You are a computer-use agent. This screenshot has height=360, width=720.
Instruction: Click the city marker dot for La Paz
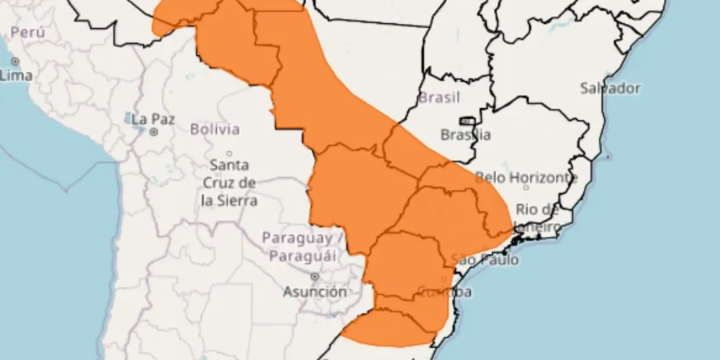pyautogui.click(x=153, y=132)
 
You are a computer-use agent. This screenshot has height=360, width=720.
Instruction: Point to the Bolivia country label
pyautogui.click(x=215, y=130)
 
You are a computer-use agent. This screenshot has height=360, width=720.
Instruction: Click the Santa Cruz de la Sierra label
pyautogui.click(x=230, y=184)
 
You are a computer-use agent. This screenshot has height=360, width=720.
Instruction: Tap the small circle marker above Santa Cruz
pyautogui.click(x=230, y=153)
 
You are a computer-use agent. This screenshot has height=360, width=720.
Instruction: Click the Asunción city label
pyautogui.click(x=315, y=292)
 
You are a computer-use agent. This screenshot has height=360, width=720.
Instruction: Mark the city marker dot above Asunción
pyautogui.click(x=315, y=276)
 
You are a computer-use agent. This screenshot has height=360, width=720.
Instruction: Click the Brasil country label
pyautogui.click(x=439, y=97)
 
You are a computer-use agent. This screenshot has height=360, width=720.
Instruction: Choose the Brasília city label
pyautogui.click(x=465, y=135)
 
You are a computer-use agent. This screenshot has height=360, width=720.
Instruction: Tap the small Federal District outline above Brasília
pyautogui.click(x=467, y=121)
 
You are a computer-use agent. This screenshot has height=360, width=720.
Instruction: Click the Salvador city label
pyautogui.click(x=610, y=88)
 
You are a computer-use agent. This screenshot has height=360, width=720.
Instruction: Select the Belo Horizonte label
pyautogui.click(x=526, y=177)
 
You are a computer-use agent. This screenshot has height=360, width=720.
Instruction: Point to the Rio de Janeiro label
pyautogui.click(x=537, y=218)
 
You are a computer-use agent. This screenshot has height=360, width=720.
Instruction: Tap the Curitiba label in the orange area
pyautogui.click(x=444, y=292)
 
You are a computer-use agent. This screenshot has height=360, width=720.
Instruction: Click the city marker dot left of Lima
pyautogui.click(x=14, y=62)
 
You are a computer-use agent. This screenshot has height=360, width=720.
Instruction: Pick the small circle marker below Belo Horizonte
pyautogui.click(x=526, y=187)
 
